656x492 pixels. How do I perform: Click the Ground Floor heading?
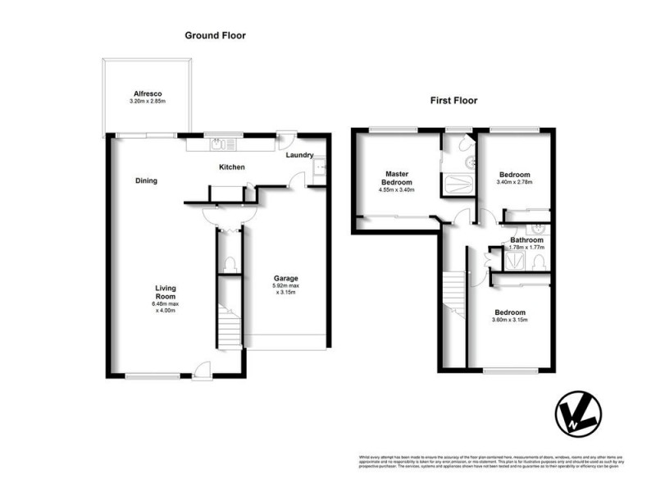pos(215,35)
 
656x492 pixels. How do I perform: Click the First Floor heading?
pos(454,101)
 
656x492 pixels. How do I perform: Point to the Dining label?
pos(147,180)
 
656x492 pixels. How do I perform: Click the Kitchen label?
pos(232,168)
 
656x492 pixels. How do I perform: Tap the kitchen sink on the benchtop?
pos(216,144)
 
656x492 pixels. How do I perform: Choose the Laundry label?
pos(300,154)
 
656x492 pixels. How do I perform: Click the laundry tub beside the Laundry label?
pos(321,168)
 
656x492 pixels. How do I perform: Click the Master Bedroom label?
pos(397,178)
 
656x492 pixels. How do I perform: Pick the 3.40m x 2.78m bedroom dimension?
pos(515,184)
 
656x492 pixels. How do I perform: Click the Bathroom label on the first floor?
pos(526,239)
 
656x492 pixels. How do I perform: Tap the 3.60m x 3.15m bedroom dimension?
pos(509,321)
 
